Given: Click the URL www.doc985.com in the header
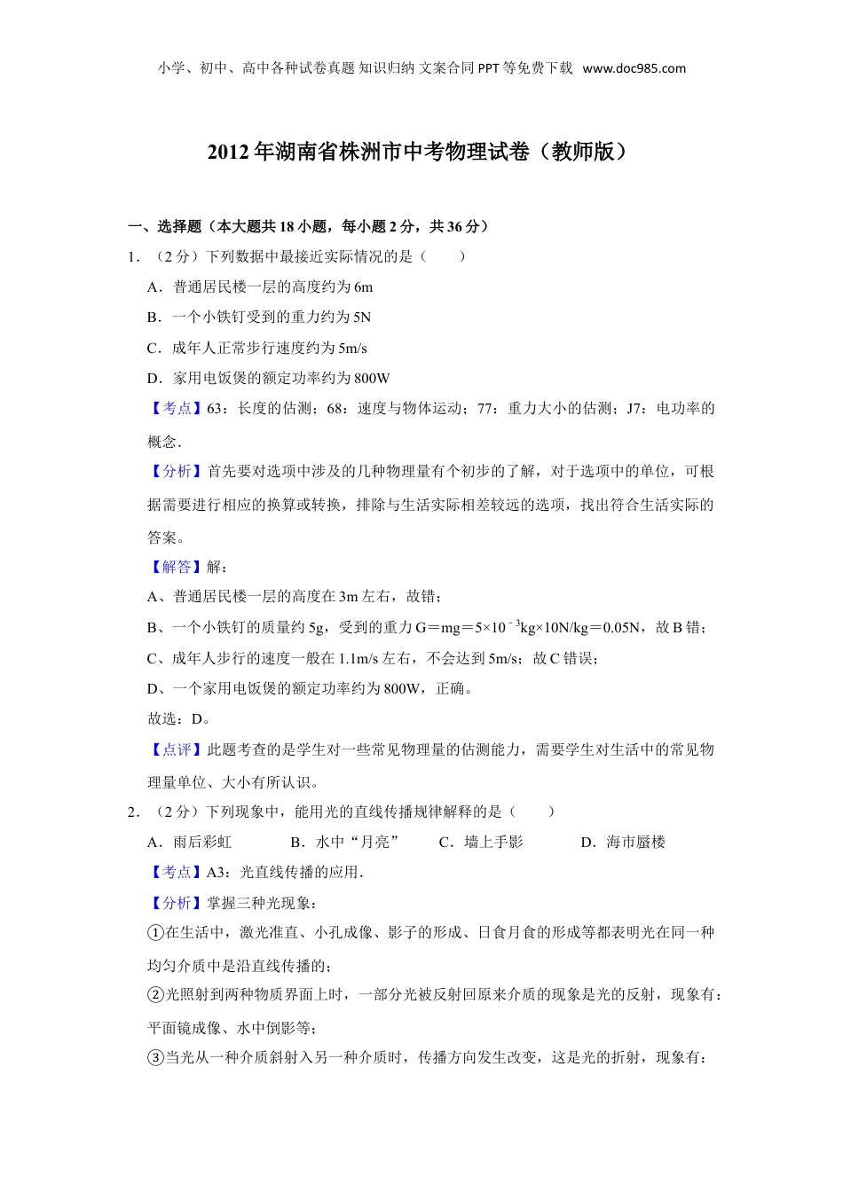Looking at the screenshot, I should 634,68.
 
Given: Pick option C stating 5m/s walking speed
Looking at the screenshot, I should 257,349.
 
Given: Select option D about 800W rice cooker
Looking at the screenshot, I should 269,379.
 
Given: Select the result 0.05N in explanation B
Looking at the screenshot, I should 621,628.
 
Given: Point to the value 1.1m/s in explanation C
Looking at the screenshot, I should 360,659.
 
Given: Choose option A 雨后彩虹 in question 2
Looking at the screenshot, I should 190,843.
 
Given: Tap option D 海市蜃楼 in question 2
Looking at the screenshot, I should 623,843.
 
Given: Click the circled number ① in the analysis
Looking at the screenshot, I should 155,933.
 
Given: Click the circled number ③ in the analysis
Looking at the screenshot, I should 155,1058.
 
